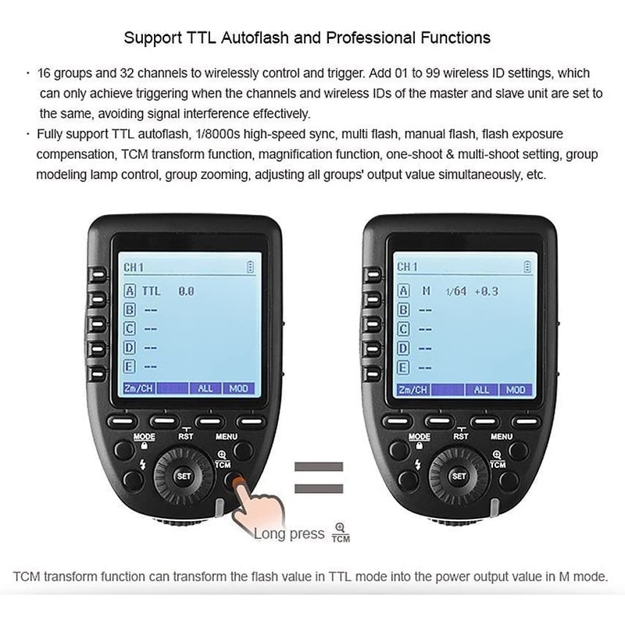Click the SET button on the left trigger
tap(184, 474)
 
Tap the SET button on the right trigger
tap(459, 474)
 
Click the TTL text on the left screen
tap(151, 291)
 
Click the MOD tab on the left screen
tap(237, 388)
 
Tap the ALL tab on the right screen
tap(481, 388)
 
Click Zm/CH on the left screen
tap(138, 388)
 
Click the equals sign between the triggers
tap(318, 478)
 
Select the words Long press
tap(288, 534)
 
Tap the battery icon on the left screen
tap(250, 267)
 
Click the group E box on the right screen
tap(404, 366)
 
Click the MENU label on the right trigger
tap(502, 436)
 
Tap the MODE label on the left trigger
tap(145, 436)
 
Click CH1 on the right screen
tap(407, 267)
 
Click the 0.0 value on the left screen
tap(186, 291)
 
